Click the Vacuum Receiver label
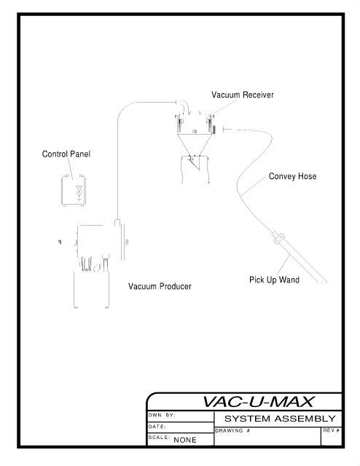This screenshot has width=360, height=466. (x=243, y=95)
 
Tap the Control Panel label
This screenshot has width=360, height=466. (x=66, y=154)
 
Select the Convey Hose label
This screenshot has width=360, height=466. (x=292, y=176)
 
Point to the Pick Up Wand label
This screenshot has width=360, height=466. (x=274, y=280)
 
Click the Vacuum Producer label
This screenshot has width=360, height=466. (x=160, y=286)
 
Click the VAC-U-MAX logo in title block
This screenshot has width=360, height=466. (x=258, y=402)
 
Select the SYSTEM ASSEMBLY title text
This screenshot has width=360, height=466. (x=280, y=419)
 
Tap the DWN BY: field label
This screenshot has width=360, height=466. (x=162, y=415)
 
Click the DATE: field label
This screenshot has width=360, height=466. (x=157, y=427)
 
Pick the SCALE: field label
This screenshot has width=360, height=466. (x=160, y=438)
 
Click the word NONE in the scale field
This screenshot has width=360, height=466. (x=185, y=440)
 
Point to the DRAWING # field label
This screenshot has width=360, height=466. (x=232, y=430)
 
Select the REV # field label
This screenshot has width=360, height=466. (x=332, y=430)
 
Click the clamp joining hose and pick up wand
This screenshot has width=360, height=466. (x=278, y=238)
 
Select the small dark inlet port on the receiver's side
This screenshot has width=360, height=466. (x=214, y=130)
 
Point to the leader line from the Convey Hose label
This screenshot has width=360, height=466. (x=254, y=185)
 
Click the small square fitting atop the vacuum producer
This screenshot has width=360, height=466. (x=117, y=223)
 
